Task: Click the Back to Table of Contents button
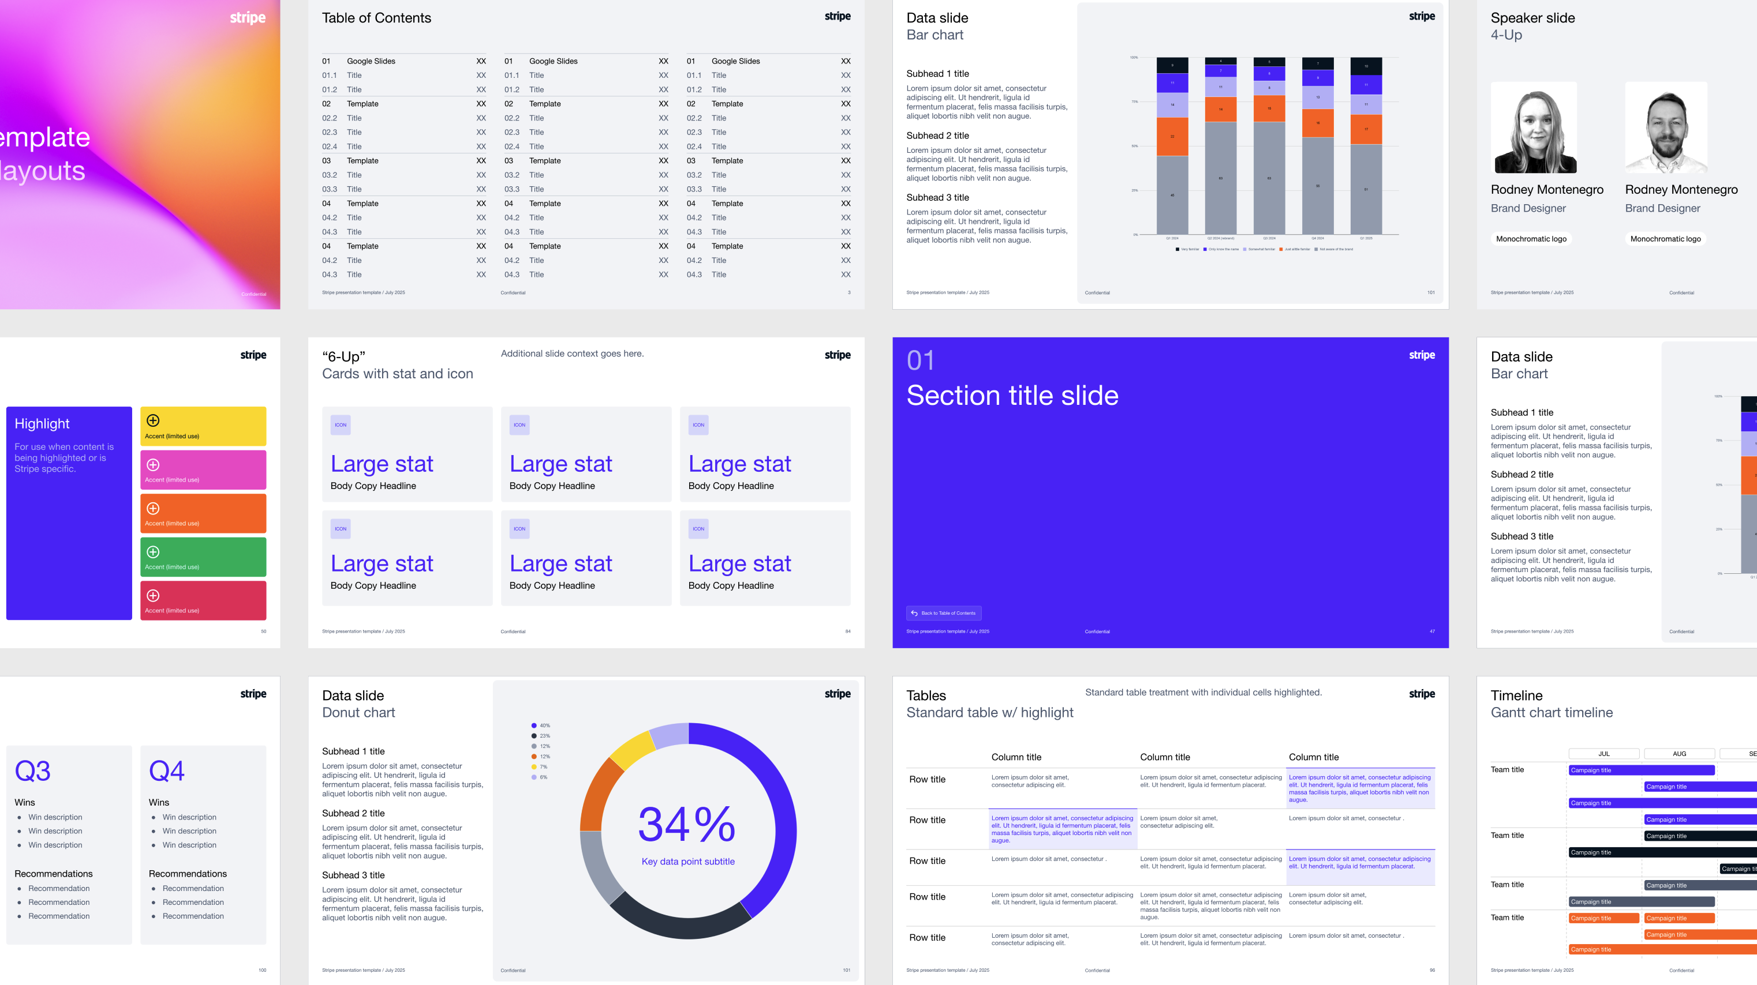tap(944, 613)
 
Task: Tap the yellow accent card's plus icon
tap(154, 420)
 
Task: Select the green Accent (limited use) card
tap(203, 557)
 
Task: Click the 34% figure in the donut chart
tap(687, 824)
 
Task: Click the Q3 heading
tap(33, 771)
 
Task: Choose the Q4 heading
tap(166, 771)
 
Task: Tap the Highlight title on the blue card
tap(42, 423)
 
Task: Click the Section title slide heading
tap(1012, 396)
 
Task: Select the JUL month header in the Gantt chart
tap(1603, 754)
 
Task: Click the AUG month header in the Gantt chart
tap(1679, 754)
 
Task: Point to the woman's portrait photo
tap(1534, 128)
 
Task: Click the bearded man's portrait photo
tap(1666, 128)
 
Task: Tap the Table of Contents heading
tap(376, 18)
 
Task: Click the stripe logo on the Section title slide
tap(1422, 355)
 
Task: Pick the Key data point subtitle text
tap(687, 862)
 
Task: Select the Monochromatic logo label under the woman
tap(1531, 239)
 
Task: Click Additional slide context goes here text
tap(572, 353)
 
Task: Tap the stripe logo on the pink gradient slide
tap(248, 18)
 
